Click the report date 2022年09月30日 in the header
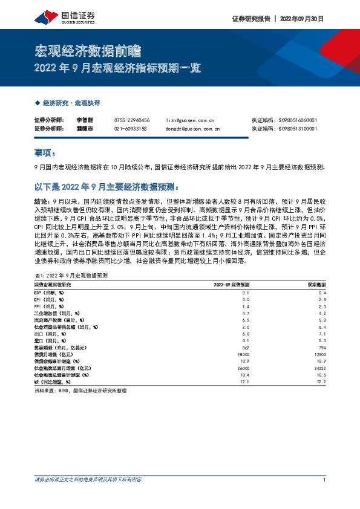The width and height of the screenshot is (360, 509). (x=303, y=19)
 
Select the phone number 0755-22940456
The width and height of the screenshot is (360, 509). (x=131, y=120)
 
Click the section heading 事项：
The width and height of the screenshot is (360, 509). (x=46, y=153)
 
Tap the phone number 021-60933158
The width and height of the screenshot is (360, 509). (x=131, y=129)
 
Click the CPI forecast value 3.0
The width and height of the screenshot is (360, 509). (x=229, y=299)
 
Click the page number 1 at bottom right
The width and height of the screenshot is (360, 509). (x=326, y=480)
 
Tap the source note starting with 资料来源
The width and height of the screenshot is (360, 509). (x=81, y=391)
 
